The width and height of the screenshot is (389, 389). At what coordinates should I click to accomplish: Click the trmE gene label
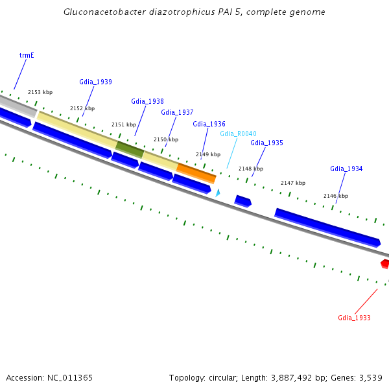pos(27,55)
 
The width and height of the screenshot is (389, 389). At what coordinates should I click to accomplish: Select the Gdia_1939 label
pos(95,82)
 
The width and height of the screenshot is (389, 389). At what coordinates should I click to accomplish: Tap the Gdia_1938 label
pos(147,101)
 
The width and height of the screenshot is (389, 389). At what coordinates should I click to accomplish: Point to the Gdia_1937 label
pos(177,112)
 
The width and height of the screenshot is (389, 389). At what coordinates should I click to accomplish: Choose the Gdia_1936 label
pos(209,124)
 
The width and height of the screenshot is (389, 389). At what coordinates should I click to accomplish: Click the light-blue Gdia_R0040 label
pos(238,134)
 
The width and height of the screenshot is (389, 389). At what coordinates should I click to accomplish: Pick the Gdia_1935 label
pos(266,143)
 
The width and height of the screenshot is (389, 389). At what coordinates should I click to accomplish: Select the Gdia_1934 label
pos(346,169)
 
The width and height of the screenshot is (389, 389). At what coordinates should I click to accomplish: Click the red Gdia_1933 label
pos(354,318)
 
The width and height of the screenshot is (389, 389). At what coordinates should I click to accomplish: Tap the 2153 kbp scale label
pos(40,93)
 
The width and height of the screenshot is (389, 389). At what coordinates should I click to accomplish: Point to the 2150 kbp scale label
pos(166,139)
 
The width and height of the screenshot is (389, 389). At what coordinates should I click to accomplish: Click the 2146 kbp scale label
pos(336,196)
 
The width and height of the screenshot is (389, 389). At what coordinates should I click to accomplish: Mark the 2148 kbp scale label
pos(251,169)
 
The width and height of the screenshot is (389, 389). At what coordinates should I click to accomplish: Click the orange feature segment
pos(196,173)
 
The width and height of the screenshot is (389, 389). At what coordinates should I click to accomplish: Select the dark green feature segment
pos(130,149)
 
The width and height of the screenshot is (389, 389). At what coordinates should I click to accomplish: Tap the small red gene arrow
pos(385,264)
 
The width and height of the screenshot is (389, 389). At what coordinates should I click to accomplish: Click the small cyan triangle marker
pos(218,193)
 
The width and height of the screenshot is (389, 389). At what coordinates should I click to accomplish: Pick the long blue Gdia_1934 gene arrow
pos(327,227)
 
